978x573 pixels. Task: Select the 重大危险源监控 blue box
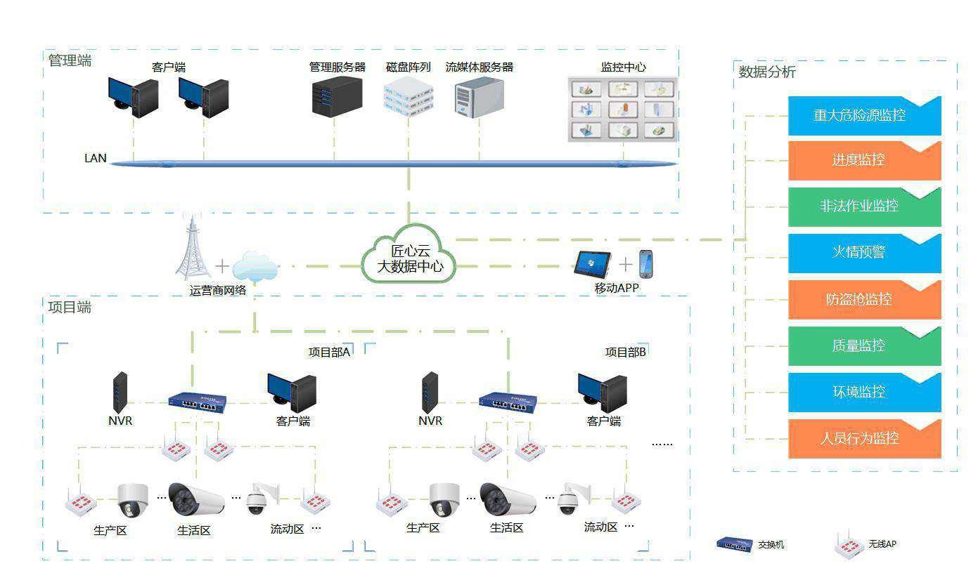click(864, 116)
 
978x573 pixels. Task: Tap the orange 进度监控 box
click(864, 161)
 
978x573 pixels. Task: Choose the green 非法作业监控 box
click(864, 206)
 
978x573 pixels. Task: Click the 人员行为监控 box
click(864, 439)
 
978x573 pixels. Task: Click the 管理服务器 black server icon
click(337, 96)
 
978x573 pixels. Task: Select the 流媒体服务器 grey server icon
click(480, 98)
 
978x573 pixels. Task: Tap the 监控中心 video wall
click(622, 109)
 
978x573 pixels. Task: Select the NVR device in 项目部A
click(121, 392)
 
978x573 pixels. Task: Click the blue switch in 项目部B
click(508, 402)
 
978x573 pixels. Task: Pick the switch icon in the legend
click(734, 544)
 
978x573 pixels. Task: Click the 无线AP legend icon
click(847, 544)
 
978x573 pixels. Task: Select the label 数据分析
click(767, 72)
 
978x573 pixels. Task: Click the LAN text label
click(96, 158)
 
